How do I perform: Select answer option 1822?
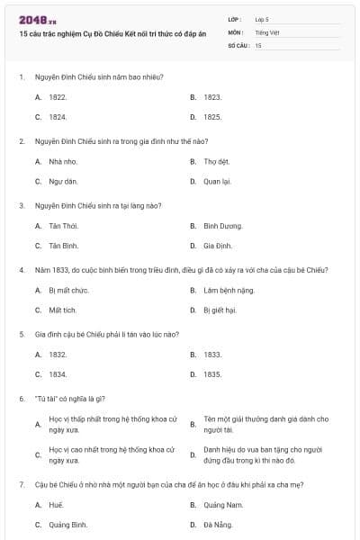(x=58, y=96)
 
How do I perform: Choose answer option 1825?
(x=212, y=117)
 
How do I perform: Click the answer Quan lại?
(x=217, y=181)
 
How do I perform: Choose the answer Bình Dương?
(x=222, y=226)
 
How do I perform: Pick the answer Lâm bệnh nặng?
(x=225, y=291)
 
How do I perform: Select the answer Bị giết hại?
(x=220, y=310)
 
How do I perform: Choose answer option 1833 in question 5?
(x=212, y=355)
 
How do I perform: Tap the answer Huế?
(x=57, y=505)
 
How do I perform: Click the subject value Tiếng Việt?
(x=268, y=31)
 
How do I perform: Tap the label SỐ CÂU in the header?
(x=238, y=44)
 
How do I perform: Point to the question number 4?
(x=21, y=270)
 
